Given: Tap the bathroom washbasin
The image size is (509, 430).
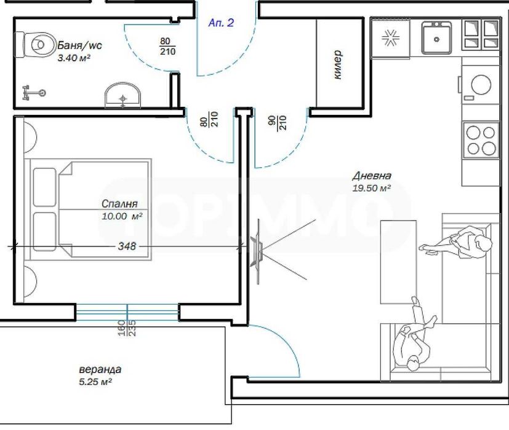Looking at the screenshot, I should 122,96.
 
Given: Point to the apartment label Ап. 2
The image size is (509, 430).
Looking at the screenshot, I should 222,23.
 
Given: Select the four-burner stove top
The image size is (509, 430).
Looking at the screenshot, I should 480,141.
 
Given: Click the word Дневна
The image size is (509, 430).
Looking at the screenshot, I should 372,175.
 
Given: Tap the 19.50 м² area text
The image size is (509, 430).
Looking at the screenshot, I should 372,189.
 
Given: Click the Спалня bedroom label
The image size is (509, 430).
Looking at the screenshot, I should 119,203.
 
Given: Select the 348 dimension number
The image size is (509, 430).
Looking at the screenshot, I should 127,246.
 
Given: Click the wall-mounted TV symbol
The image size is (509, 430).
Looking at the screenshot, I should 257,251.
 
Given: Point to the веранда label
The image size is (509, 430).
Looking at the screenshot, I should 100,370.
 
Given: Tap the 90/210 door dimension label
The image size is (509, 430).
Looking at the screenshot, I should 277,122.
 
